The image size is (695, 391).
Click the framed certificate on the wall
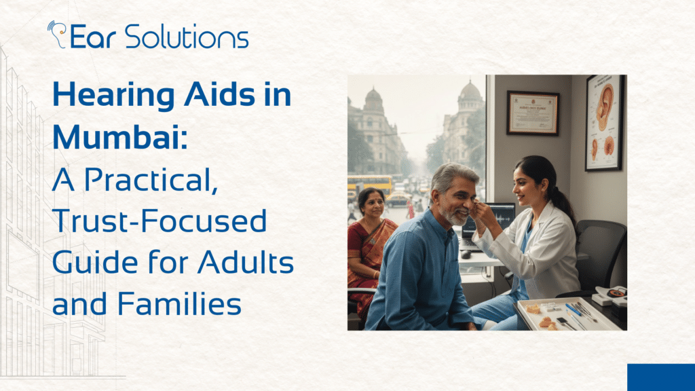[x=532, y=112]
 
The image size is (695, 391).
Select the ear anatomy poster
[x=605, y=122]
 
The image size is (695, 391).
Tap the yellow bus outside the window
[x=371, y=183]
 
